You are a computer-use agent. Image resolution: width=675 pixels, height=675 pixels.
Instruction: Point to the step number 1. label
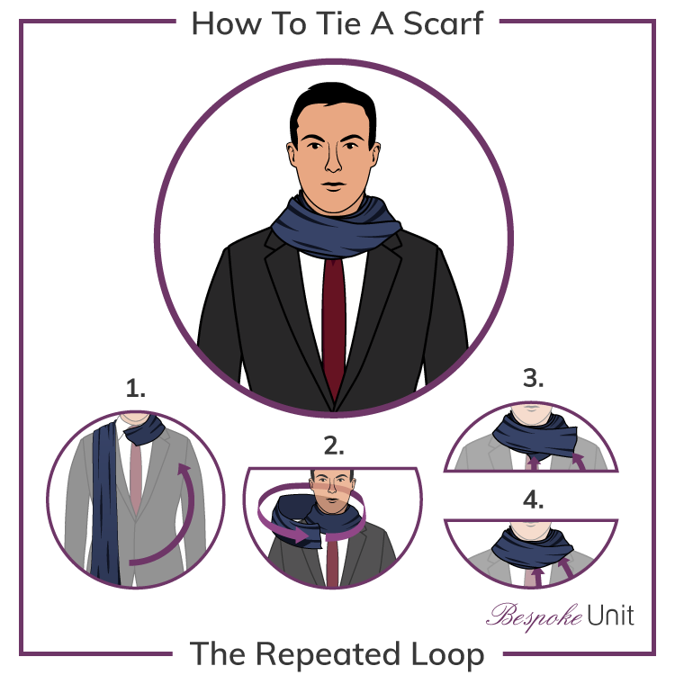click(x=136, y=390)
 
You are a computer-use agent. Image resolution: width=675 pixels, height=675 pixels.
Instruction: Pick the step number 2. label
click(x=334, y=445)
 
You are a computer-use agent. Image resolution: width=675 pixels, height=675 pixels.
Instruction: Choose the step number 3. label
click(x=533, y=379)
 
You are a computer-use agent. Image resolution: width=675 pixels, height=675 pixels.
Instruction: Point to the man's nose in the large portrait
click(x=334, y=164)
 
